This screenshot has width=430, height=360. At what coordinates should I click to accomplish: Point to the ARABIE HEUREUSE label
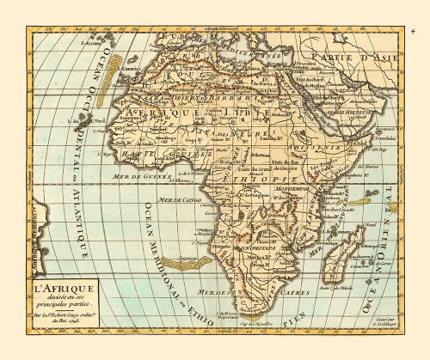tap(355, 113)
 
